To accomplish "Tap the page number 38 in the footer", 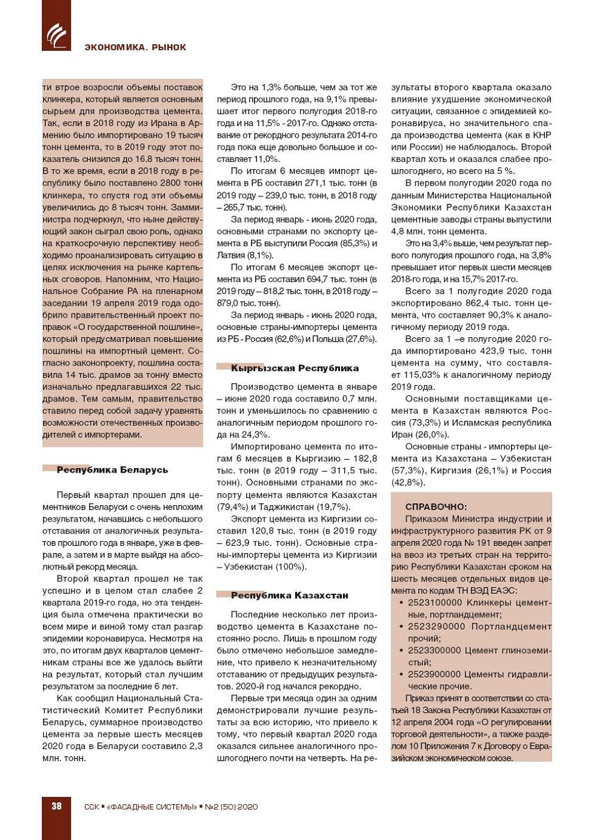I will pos(56,806).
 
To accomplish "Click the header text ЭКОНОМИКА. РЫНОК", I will pos(135,47).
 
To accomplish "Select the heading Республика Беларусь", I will pos(112,470).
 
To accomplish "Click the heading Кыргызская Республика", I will pos(295,368).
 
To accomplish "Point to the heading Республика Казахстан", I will pos(289,596).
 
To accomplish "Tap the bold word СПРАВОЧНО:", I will pos(436,506).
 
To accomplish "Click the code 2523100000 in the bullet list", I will pos(435,602).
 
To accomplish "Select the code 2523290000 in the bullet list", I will pos(435,627).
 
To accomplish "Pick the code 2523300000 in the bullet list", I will pos(435,650).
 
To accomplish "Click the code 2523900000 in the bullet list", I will pos(435,674).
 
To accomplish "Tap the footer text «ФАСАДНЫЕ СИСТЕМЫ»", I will pos(152,807).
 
